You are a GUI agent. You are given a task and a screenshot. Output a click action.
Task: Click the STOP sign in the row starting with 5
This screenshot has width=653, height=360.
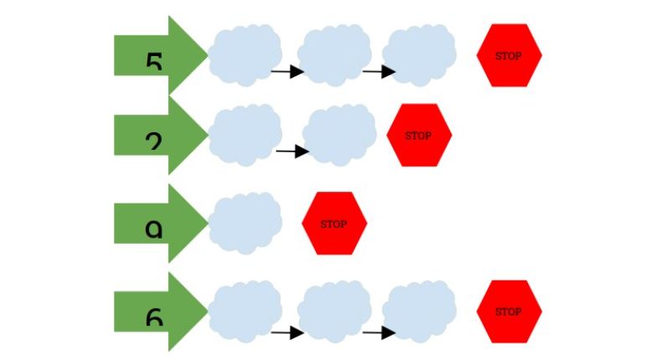pyautogui.click(x=509, y=55)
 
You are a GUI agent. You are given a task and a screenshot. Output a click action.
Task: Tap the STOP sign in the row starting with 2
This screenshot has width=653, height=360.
pyautogui.click(x=419, y=135)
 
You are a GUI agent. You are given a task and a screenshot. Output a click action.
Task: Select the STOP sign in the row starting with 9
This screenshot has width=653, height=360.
pyautogui.click(x=334, y=224)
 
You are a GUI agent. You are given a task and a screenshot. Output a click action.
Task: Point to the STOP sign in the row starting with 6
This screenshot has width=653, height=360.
pyautogui.click(x=509, y=311)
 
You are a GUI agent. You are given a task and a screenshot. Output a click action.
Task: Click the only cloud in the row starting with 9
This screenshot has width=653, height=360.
pyautogui.click(x=244, y=224)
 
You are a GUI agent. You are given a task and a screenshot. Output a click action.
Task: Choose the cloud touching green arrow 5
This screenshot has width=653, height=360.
pyautogui.click(x=244, y=54)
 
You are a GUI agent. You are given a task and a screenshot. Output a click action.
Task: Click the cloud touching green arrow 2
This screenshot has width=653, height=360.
pyautogui.click(x=244, y=134)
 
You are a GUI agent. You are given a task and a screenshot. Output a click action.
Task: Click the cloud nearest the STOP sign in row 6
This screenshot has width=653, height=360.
pyautogui.click(x=420, y=311)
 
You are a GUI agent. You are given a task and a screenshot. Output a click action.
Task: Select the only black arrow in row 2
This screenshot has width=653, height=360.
pyautogui.click(x=292, y=152)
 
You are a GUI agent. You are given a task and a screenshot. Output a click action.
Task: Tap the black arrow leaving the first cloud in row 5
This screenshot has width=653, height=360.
pyautogui.click(x=287, y=72)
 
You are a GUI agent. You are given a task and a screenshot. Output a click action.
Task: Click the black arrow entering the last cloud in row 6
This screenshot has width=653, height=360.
pyautogui.click(x=378, y=333)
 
